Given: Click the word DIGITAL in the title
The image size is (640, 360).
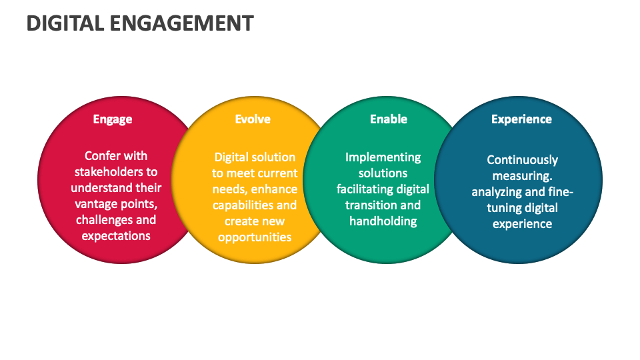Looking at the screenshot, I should pyautogui.click(x=63, y=23).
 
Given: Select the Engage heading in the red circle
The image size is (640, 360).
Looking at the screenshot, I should pyautogui.click(x=113, y=119).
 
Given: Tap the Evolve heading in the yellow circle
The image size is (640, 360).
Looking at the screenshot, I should pyautogui.click(x=253, y=119).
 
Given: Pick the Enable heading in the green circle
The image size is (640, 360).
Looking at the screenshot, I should pyautogui.click(x=389, y=119).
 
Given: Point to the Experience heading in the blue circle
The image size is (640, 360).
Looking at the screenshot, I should pyautogui.click(x=521, y=119).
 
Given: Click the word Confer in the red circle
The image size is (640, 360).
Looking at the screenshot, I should pyautogui.click(x=103, y=156).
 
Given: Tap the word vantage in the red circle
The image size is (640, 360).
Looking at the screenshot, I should pyautogui.click(x=97, y=204).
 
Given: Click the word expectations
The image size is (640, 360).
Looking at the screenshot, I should pyautogui.click(x=116, y=236).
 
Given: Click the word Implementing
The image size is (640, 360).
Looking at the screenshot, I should pyautogui.click(x=383, y=157).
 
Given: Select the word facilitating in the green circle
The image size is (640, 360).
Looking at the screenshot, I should pyautogui.click(x=365, y=189).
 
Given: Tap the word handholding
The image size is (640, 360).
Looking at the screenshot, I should pyautogui.click(x=383, y=221).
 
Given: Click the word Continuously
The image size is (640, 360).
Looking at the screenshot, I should pyautogui.click(x=522, y=160).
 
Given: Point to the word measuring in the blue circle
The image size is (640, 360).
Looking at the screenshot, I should pyautogui.click(x=521, y=176).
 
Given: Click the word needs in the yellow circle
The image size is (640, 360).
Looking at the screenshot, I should pyautogui.click(x=229, y=189).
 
